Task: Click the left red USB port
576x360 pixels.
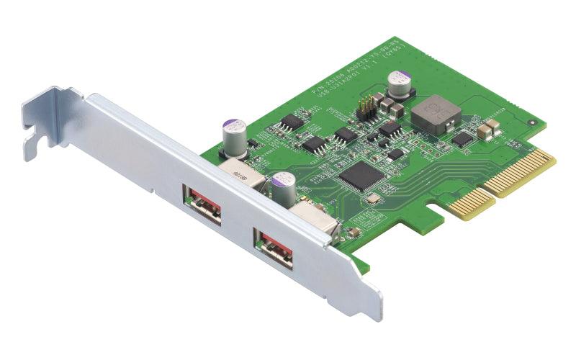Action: pyautogui.click(x=202, y=206)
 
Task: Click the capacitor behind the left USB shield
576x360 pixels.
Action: pyautogui.click(x=235, y=136)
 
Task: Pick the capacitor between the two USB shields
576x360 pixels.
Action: pyautogui.click(x=282, y=186)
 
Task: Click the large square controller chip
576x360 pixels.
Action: pyautogui.click(x=358, y=174)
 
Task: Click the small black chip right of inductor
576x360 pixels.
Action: pyautogui.click(x=461, y=139)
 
